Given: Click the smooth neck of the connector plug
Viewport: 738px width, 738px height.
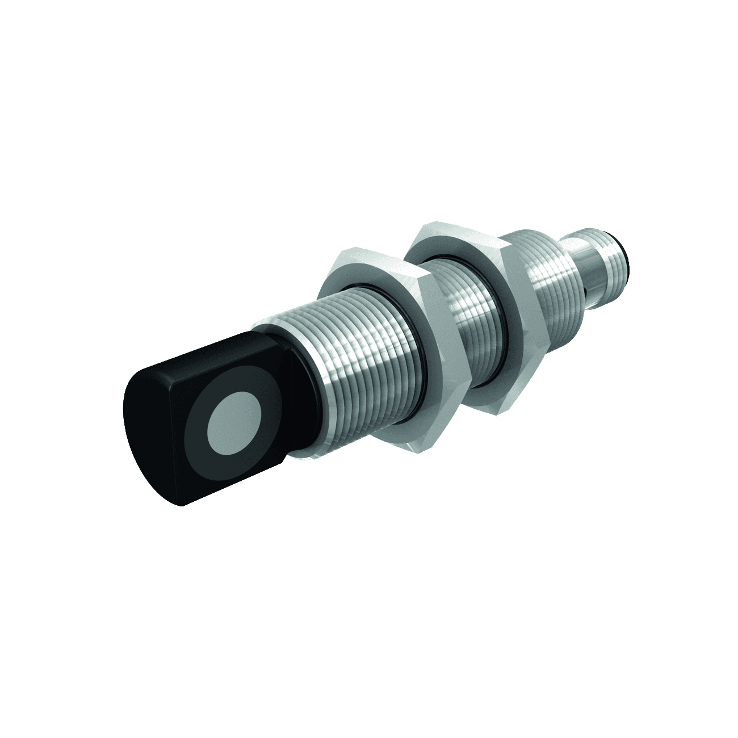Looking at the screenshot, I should coord(585,267).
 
